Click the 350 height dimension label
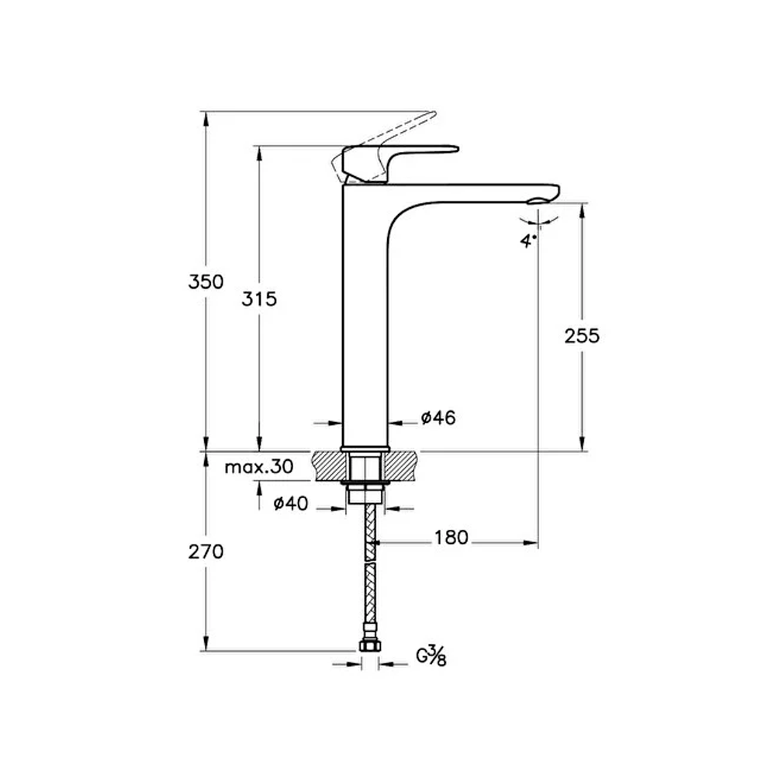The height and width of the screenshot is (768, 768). (x=206, y=282)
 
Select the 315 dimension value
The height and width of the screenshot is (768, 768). (x=259, y=299)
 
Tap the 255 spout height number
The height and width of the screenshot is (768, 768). (x=582, y=336)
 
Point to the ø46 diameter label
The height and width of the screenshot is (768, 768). (x=438, y=417)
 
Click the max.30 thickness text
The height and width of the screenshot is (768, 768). (x=259, y=467)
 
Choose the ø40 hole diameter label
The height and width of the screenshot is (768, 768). (x=290, y=503)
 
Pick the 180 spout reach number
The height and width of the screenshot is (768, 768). (x=451, y=538)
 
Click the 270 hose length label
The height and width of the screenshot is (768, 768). (x=206, y=552)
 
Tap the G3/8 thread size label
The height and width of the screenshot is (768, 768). (x=431, y=656)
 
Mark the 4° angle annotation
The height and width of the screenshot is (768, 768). (x=528, y=240)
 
